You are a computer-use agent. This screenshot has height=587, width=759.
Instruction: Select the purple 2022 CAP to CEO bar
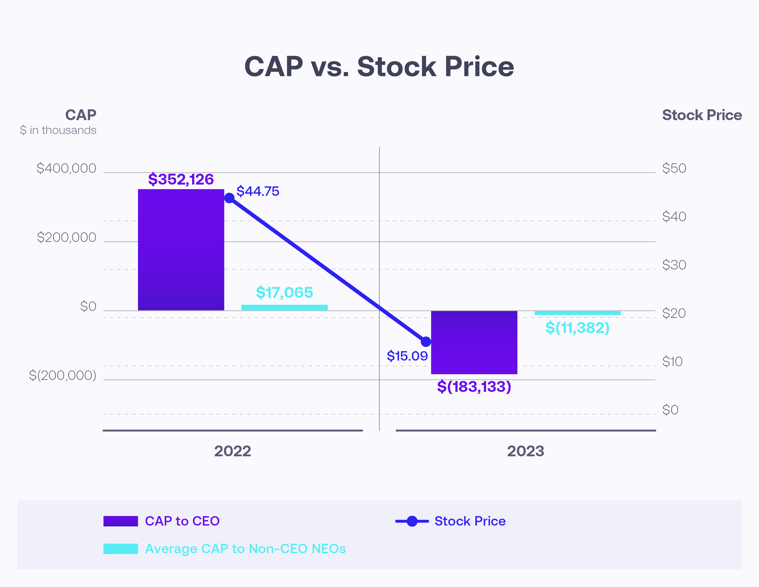pos(181,250)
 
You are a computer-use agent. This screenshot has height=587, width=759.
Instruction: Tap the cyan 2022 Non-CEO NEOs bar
pos(284,307)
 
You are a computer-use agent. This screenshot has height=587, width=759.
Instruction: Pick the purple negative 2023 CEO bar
pos(474,342)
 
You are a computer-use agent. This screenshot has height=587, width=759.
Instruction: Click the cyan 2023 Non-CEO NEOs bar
pos(577,313)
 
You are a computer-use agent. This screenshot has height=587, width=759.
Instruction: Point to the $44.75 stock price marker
pos(229,198)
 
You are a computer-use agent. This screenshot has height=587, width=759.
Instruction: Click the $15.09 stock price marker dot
pos(426,341)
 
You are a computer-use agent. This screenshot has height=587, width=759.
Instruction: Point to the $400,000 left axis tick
pos(66,168)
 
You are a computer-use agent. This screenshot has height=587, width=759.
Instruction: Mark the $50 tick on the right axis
pos(674,168)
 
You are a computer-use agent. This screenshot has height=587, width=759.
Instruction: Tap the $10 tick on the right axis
pos(672,362)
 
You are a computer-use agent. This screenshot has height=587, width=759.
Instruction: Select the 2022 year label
pos(232,451)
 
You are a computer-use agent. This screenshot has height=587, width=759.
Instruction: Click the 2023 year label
pos(525,451)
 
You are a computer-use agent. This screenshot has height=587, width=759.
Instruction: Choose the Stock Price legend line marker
pos(412,521)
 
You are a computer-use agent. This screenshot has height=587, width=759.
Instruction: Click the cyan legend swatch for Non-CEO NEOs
pos(120,548)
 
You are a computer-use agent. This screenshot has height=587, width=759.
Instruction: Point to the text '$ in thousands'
pos(58,130)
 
